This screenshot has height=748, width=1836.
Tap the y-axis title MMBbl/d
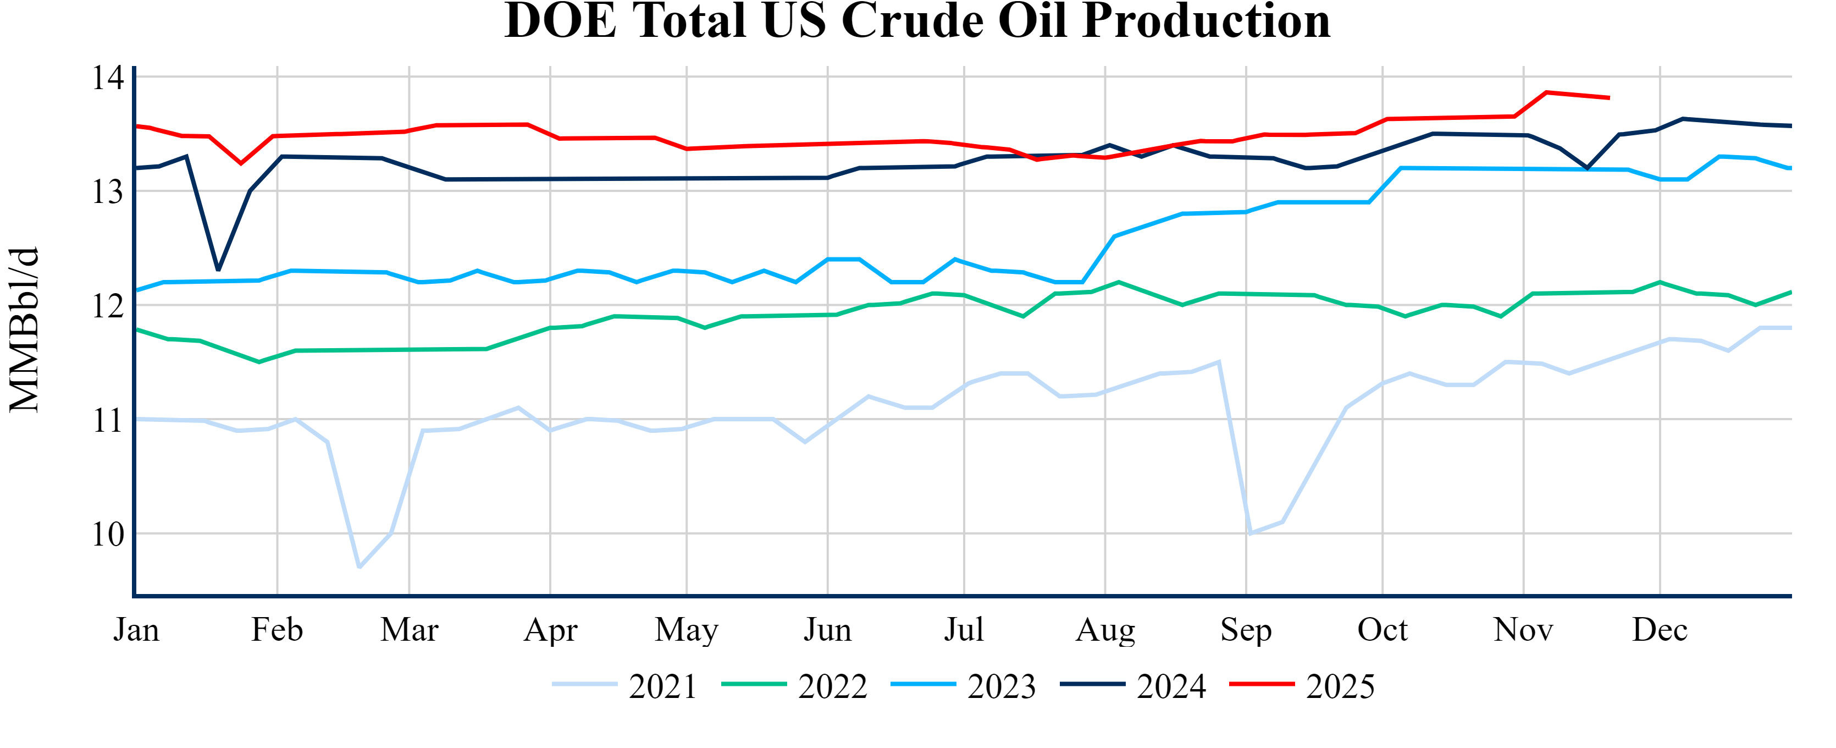(24, 329)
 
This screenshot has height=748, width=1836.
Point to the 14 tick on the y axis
(108, 78)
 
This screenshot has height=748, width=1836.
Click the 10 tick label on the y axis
(108, 534)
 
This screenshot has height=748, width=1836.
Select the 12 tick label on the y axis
(108, 306)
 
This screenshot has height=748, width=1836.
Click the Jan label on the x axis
(136, 630)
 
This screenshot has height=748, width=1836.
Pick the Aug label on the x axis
(1105, 630)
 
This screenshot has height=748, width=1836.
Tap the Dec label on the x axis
(1660, 630)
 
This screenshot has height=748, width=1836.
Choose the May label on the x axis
(687, 630)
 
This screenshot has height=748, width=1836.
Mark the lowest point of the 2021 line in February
(359, 568)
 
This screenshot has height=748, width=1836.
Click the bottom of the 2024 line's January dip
(218, 270)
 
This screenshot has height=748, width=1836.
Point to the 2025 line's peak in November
(1546, 92)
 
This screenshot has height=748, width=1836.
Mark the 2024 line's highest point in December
(1683, 118)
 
